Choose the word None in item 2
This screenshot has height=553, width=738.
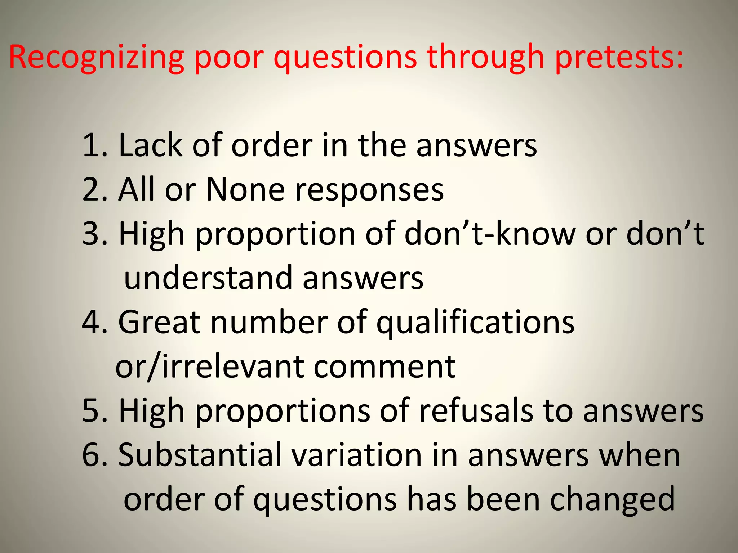[245, 190]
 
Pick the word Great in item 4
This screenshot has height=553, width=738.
[159, 322]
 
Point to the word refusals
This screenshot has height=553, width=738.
[476, 411]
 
